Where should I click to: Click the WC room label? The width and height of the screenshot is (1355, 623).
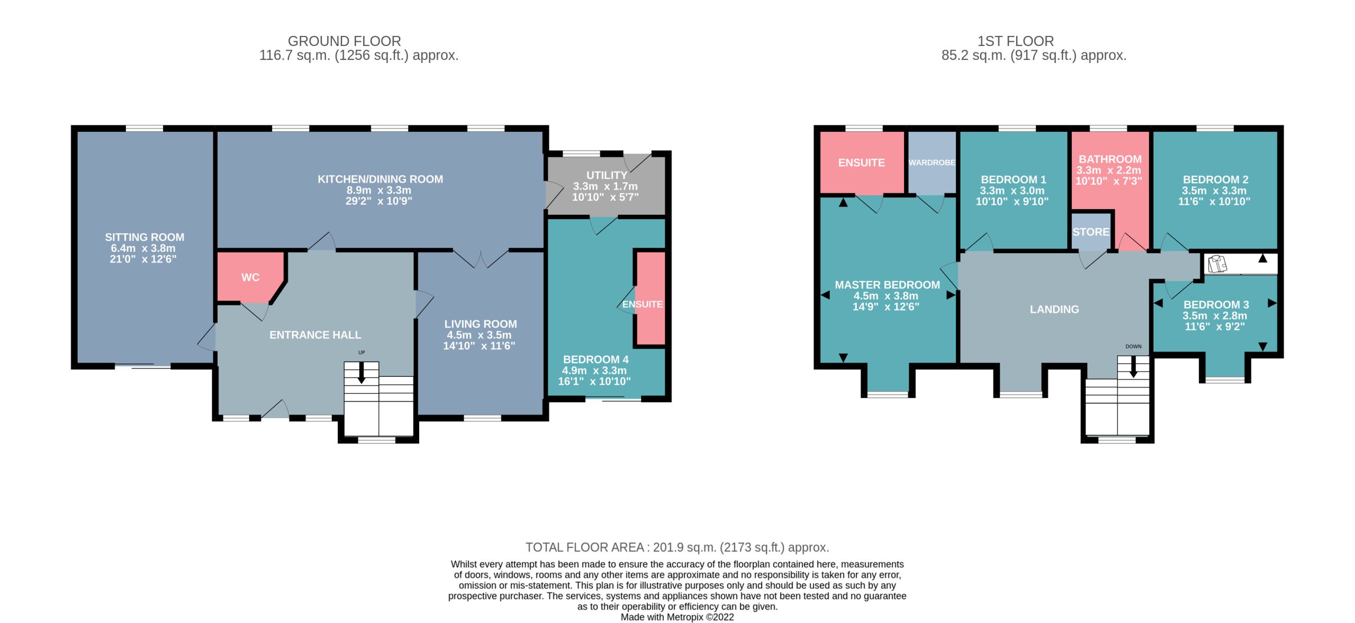coord(250,277)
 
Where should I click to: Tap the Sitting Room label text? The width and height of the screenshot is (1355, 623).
coord(144,237)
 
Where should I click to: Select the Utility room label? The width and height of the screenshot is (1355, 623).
coord(607,175)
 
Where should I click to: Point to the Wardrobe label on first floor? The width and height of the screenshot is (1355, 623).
coord(932,162)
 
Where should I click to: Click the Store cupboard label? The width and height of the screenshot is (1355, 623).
coord(1091,232)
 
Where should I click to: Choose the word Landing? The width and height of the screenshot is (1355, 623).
coord(1054,309)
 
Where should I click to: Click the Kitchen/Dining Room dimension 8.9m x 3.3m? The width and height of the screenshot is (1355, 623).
coord(379,190)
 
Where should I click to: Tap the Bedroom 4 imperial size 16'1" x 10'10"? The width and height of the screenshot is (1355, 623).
coord(594,381)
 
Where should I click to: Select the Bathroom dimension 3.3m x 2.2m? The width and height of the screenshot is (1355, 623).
coord(1109,170)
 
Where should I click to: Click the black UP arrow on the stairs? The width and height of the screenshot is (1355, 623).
coord(362,373)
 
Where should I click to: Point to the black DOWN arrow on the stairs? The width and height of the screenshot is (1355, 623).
coord(1133,366)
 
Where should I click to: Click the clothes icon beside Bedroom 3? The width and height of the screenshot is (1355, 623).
coord(1217,264)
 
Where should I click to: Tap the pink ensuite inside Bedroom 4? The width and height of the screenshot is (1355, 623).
coord(651,299)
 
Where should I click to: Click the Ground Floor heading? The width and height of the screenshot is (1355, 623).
coord(345,41)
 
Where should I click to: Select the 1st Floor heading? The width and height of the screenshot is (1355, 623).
coord(1016,41)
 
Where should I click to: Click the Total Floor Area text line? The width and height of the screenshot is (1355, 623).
coord(677,547)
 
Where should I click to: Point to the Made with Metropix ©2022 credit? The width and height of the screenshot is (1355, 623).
coord(677,617)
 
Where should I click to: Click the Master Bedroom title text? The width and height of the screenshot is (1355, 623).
coord(888,285)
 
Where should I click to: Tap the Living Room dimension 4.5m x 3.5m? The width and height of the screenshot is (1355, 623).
coord(479,335)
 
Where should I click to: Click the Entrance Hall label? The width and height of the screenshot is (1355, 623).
coord(315,335)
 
